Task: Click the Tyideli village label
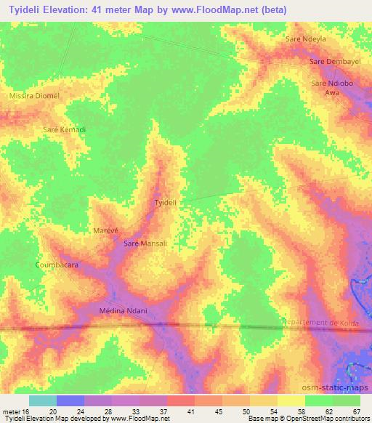166,203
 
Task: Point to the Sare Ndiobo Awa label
331,88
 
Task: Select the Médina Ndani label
123,311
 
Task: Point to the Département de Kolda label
325,322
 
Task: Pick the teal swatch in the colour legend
43,400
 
